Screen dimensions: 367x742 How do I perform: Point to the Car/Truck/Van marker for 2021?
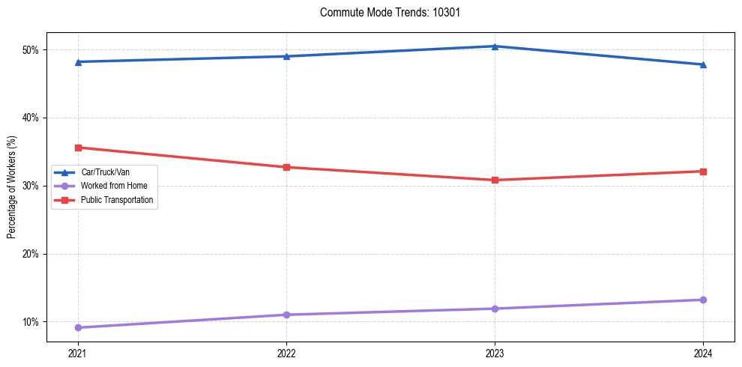click(78, 61)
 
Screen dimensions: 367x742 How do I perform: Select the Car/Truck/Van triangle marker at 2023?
click(495, 46)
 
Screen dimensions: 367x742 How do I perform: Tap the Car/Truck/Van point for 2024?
click(703, 64)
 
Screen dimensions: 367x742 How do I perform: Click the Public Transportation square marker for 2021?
click(78, 148)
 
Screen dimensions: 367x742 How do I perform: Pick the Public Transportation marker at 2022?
click(286, 167)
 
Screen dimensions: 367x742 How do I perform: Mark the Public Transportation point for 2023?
click(495, 180)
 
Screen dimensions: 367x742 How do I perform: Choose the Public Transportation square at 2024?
click(703, 172)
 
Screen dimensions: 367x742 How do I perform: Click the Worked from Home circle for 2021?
click(78, 327)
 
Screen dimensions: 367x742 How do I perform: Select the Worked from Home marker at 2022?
click(286, 315)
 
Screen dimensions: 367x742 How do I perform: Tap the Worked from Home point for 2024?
click(703, 300)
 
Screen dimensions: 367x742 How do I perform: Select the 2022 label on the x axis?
click(286, 353)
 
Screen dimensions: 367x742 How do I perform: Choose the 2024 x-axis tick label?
click(703, 353)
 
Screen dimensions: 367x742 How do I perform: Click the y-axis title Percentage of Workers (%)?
click(11, 186)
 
